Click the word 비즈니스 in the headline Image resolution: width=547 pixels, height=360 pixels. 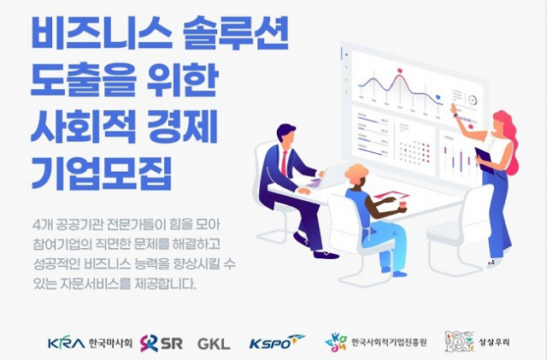pyautogui.click(x=102, y=32)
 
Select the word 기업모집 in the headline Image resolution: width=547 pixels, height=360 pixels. pyautogui.click(x=102, y=174)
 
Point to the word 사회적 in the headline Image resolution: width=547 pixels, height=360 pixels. pyautogui.click(x=83, y=127)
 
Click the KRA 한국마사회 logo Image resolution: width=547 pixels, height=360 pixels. pyautogui.click(x=90, y=343)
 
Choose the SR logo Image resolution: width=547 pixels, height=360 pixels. pyautogui.click(x=162, y=343)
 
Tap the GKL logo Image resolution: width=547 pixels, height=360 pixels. pyautogui.click(x=214, y=344)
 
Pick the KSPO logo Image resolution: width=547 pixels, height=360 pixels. pyautogui.click(x=277, y=342)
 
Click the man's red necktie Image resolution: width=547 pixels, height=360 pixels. pyautogui.click(x=285, y=163)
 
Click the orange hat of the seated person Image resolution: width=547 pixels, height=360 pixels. pyautogui.click(x=356, y=172)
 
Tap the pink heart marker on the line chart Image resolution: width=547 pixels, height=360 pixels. pyautogui.click(x=400, y=71)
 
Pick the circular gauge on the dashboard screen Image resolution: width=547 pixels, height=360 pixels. pyautogui.click(x=473, y=100)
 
